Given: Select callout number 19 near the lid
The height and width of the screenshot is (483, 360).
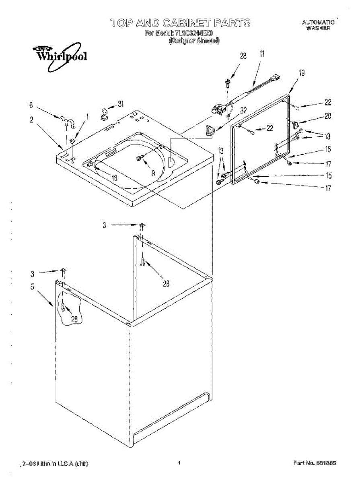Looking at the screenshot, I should point(302,73).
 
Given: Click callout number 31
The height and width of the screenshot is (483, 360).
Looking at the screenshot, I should point(121,104).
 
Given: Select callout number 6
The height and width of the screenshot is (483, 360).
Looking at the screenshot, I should point(31,105).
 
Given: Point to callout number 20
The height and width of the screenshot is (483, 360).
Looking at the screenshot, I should point(328,116).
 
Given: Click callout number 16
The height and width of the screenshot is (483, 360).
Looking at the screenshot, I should point(328,149).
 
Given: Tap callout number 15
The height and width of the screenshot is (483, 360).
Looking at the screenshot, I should point(328,175).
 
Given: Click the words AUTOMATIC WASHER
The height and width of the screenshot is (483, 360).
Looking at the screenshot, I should point(318,25).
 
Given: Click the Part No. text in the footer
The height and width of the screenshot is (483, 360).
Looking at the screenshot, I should point(315,463).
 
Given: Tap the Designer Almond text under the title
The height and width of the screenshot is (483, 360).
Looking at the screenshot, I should point(194,41).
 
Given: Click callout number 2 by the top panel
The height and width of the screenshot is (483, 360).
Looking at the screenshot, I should point(31,120).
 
